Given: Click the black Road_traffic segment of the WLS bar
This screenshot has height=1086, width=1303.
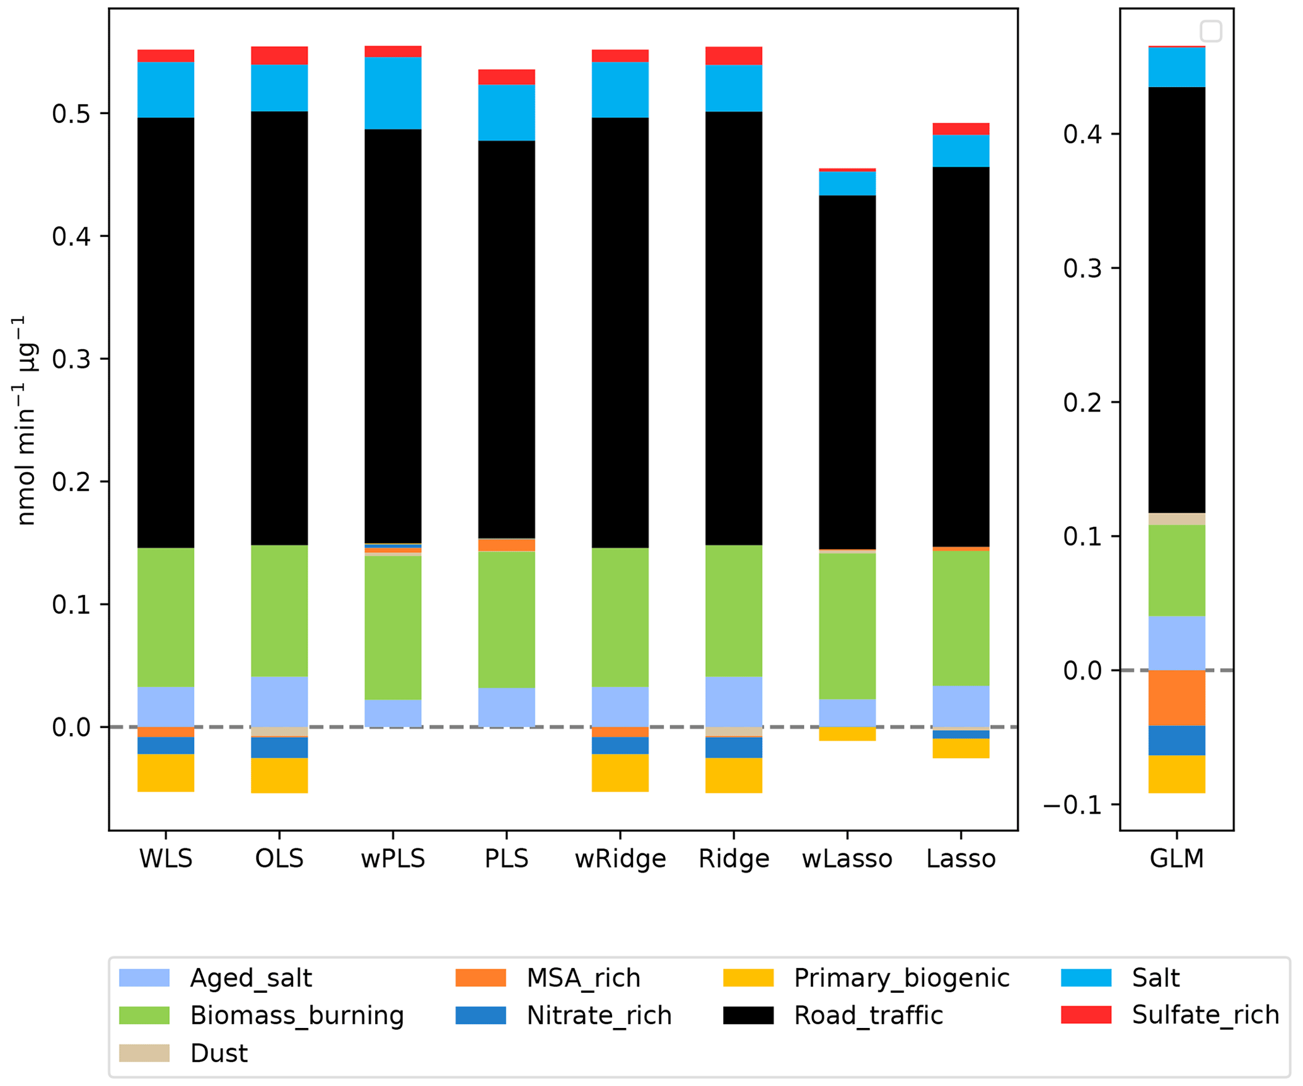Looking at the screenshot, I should (166, 332).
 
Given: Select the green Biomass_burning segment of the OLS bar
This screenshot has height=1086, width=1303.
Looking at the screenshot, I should (279, 610).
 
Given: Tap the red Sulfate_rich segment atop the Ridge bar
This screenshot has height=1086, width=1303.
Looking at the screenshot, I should (733, 55).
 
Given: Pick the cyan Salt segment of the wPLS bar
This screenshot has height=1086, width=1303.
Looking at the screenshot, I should (393, 93).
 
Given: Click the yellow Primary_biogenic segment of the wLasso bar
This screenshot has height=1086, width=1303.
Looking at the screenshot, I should (847, 734).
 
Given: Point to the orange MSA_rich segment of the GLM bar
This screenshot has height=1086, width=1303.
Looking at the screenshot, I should (1176, 698).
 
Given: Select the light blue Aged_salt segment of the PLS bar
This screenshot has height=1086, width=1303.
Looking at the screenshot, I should (506, 707).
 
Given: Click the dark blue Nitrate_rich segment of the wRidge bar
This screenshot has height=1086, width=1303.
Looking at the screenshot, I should (620, 745).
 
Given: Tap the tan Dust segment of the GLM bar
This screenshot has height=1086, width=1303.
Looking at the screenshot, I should (1176, 519).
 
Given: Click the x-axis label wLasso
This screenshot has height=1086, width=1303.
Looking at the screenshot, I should (847, 859).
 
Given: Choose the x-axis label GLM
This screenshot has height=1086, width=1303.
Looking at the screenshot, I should (1176, 859).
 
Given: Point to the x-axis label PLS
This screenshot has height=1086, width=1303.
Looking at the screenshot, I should (506, 859).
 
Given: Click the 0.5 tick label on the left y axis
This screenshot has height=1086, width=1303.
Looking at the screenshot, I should (71, 114).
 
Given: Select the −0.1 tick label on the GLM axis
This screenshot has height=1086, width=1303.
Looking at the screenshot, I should (1072, 805).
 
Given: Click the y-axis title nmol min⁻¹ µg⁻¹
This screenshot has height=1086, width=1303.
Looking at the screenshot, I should (26, 420).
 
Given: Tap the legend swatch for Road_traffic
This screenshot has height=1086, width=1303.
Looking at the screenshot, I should (748, 1015).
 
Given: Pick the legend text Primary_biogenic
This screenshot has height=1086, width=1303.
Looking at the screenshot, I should (901, 978).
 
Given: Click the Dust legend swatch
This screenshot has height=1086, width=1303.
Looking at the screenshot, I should (144, 1053).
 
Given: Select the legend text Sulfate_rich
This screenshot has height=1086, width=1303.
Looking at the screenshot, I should (1205, 1015).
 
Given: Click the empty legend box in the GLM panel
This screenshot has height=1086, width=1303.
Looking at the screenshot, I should (1210, 31).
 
